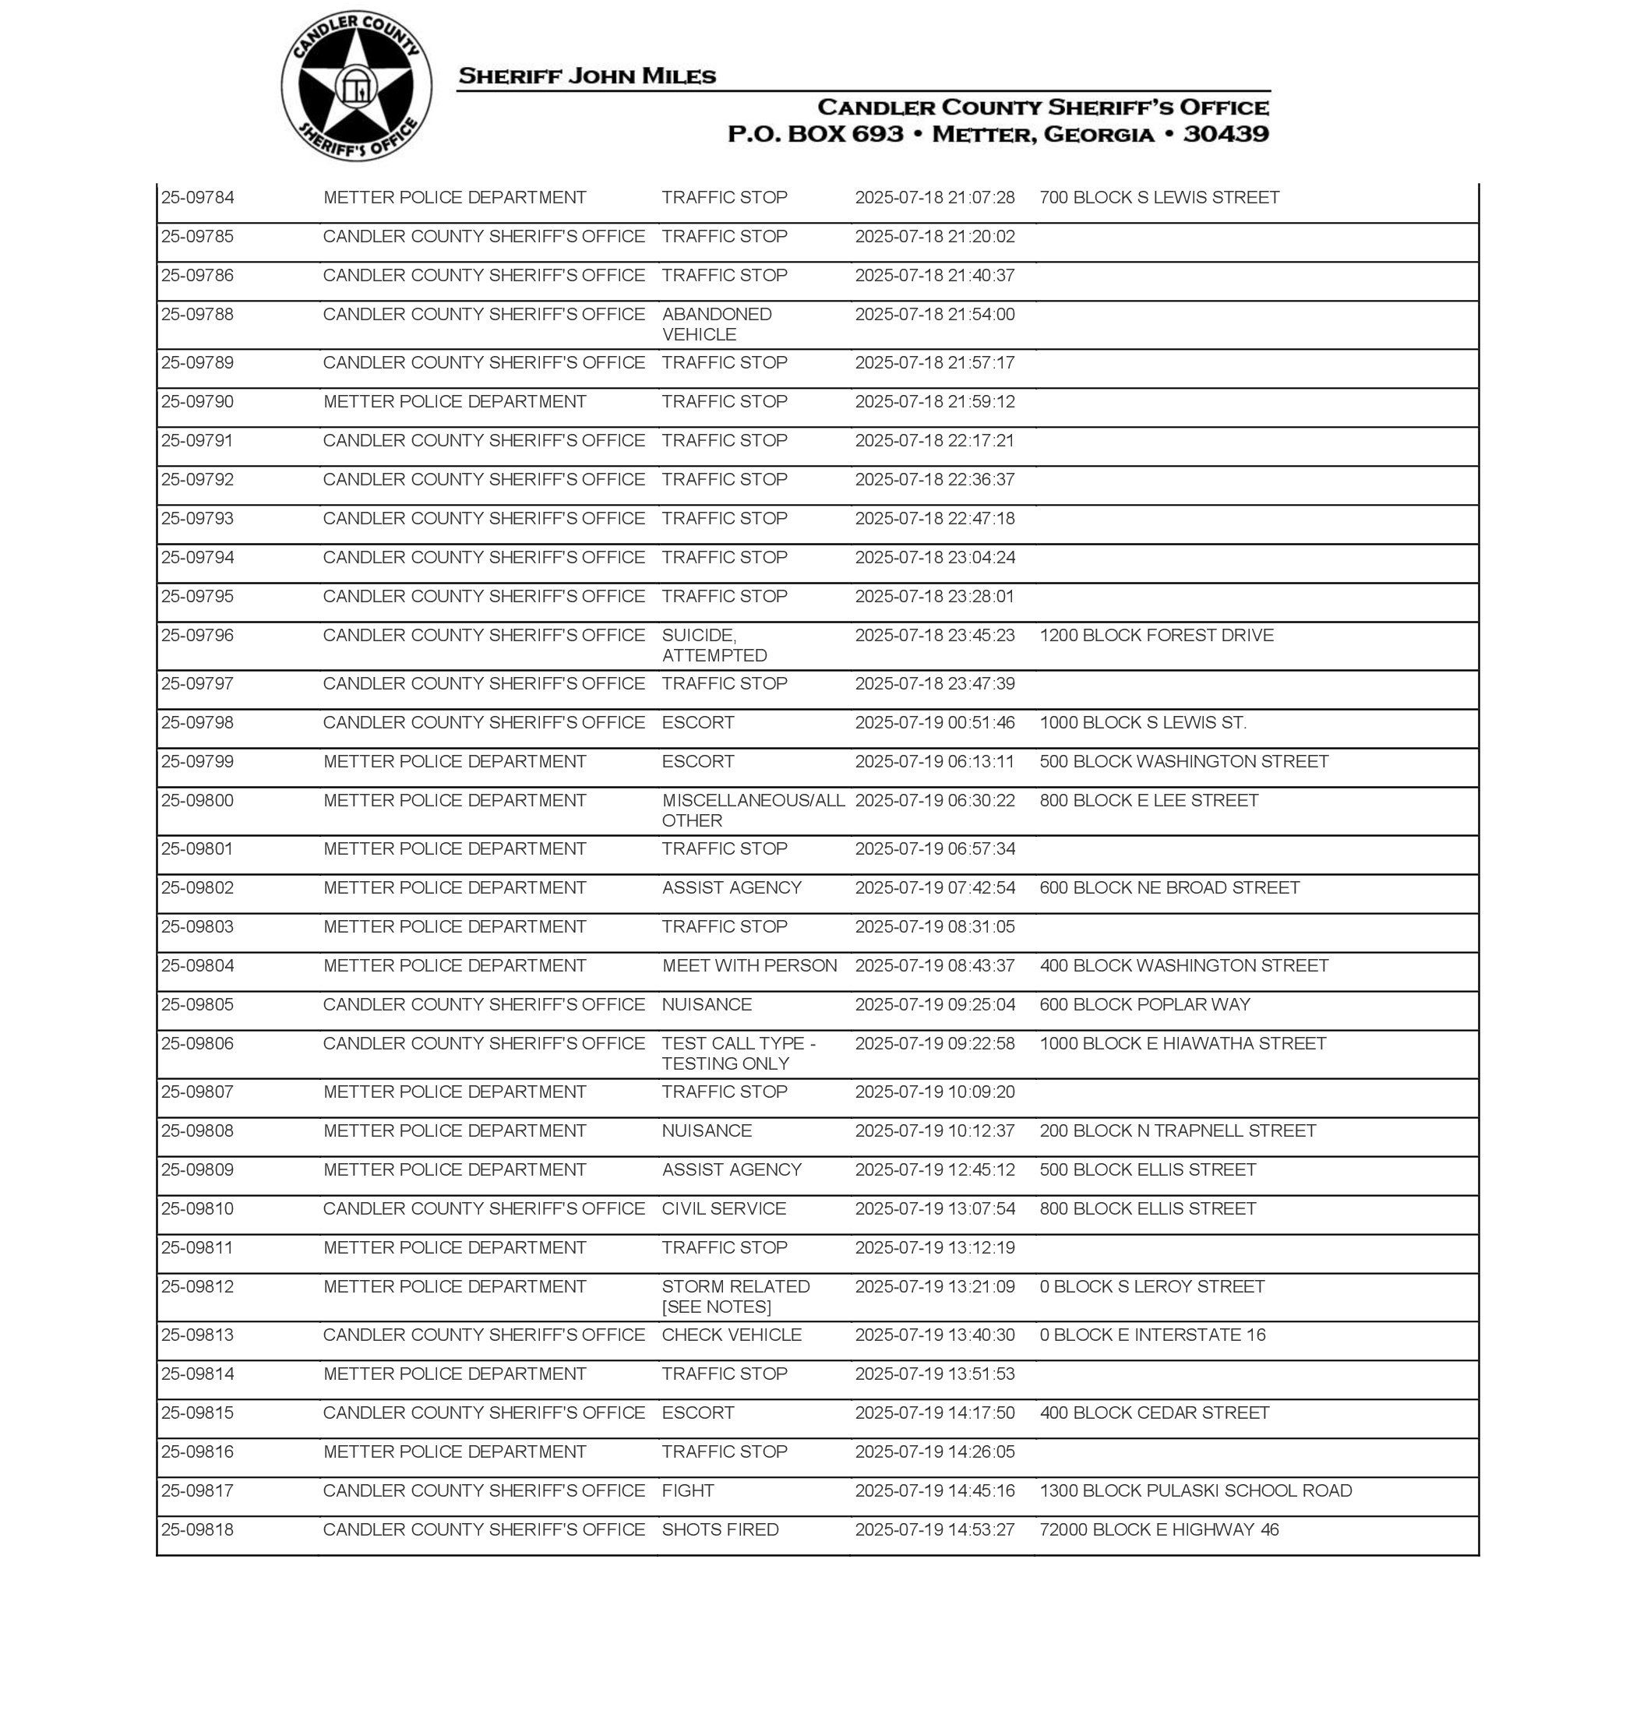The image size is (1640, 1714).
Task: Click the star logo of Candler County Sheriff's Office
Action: [356, 86]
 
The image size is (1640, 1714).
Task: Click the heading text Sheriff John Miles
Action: [587, 76]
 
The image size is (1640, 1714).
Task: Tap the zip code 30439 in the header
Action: [1226, 134]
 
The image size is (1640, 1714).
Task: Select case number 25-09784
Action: [198, 198]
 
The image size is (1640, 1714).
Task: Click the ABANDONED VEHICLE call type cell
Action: [717, 324]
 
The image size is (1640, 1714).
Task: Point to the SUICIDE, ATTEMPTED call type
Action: [714, 645]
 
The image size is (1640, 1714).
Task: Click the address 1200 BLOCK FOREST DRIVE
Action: [1155, 636]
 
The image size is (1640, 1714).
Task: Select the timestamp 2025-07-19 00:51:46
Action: [934, 723]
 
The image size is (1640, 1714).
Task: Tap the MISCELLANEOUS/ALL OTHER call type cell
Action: [753, 810]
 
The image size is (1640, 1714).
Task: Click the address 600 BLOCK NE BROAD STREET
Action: [1169, 888]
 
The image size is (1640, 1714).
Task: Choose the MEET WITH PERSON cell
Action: [749, 966]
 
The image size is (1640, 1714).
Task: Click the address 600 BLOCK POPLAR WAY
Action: [1144, 1004]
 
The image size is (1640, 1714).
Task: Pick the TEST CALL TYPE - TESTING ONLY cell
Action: [738, 1053]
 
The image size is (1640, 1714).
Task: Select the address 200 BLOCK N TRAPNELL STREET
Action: [1176, 1131]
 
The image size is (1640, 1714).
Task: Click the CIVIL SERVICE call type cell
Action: [724, 1209]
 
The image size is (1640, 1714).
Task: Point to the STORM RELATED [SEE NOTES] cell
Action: [735, 1296]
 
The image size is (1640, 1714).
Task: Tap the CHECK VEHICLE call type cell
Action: [731, 1335]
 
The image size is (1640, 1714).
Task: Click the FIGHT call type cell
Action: [688, 1490]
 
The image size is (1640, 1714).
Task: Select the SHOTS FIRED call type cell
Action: [719, 1529]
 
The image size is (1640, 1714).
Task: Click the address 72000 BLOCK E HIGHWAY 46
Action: [1159, 1529]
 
